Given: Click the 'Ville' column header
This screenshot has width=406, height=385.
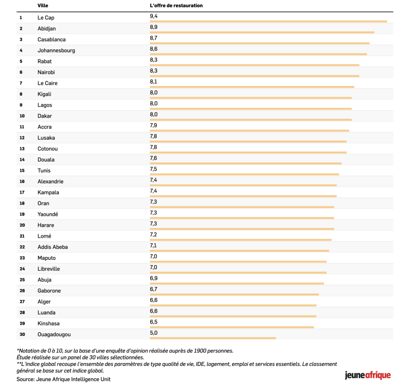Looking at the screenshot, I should pos(43,6).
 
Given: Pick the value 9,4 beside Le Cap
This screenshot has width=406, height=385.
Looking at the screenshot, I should pos(153,16).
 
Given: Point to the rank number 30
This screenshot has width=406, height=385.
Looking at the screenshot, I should pos(22,334).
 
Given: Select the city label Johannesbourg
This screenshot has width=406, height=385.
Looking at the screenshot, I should pos(56,50).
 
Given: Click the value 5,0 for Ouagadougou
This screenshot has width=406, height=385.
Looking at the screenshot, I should pos(153,333).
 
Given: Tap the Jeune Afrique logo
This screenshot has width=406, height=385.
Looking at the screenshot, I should pos(368,375).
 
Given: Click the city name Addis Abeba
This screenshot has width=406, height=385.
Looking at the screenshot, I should pos(52,247).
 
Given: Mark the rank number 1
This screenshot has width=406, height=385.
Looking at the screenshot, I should pos(21,18).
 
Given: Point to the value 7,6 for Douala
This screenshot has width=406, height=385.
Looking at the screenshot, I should pos(153,158).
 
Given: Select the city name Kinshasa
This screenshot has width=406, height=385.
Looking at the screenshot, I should pos(48,323).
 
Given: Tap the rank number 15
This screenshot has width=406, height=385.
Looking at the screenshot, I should pos(22,171).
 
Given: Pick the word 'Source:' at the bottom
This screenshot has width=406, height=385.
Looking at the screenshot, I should pos(25,379).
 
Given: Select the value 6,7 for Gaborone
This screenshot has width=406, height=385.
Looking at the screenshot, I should pos(153,289).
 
